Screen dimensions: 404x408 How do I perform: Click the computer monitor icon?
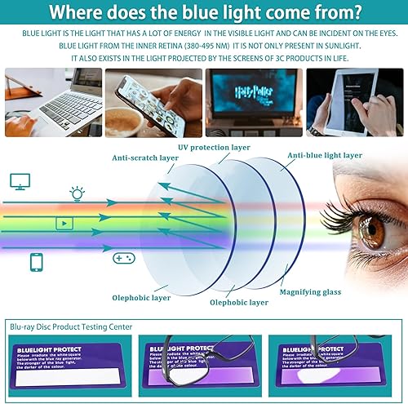20,181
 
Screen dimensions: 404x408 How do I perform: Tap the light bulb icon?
77,193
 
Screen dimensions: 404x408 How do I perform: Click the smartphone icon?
37,262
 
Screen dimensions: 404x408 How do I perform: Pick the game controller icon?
119,258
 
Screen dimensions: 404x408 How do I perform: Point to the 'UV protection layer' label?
215,147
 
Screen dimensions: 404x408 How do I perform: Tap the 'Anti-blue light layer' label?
324,154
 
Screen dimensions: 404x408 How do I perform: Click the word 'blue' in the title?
224,12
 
